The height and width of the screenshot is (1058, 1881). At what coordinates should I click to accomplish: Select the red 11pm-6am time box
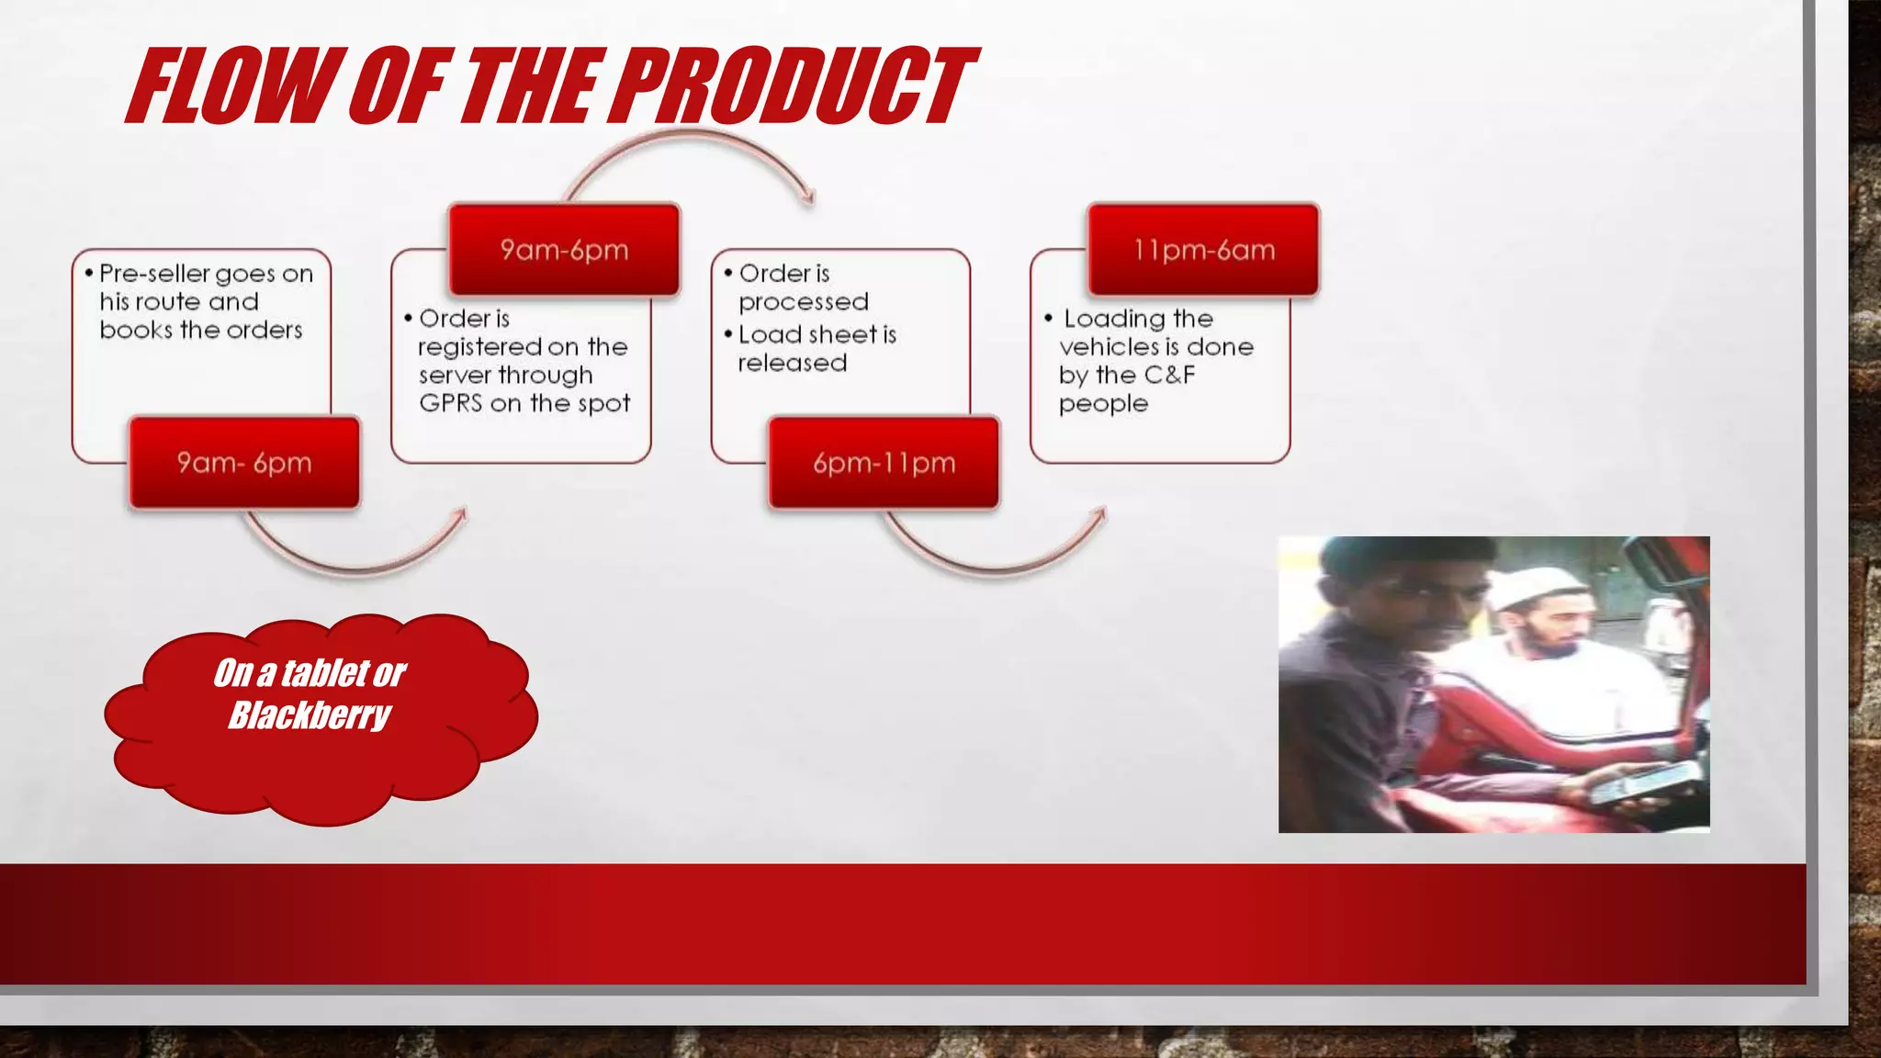click(x=1203, y=250)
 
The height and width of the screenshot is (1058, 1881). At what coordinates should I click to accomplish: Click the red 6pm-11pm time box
click(x=884, y=463)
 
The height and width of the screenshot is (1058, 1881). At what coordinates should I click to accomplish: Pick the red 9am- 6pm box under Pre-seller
click(x=244, y=463)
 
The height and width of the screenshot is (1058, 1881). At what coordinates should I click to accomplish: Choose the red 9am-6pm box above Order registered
click(x=564, y=250)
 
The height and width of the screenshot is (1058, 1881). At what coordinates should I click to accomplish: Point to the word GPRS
click(x=450, y=403)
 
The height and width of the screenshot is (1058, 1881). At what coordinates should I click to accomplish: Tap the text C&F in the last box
click(x=1169, y=375)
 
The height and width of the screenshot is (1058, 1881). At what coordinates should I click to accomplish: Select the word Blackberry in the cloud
click(x=310, y=715)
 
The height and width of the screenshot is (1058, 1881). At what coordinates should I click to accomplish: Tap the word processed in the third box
click(x=803, y=302)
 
